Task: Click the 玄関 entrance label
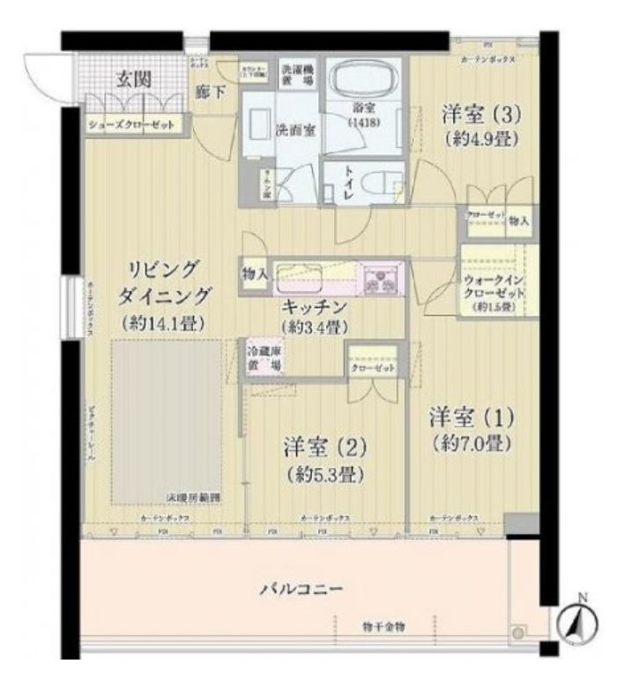point(135,79)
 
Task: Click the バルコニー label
point(301,587)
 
